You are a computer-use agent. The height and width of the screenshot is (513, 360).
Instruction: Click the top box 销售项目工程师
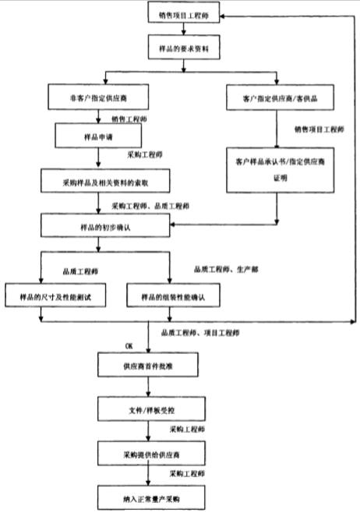[183, 16]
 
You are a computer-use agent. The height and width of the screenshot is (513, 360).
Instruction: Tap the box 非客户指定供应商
[97, 99]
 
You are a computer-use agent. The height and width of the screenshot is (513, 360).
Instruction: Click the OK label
[129, 344]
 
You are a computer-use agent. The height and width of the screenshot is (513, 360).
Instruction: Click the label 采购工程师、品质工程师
[149, 206]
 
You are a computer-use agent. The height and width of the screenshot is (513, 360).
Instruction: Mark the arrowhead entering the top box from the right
[224, 16]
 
